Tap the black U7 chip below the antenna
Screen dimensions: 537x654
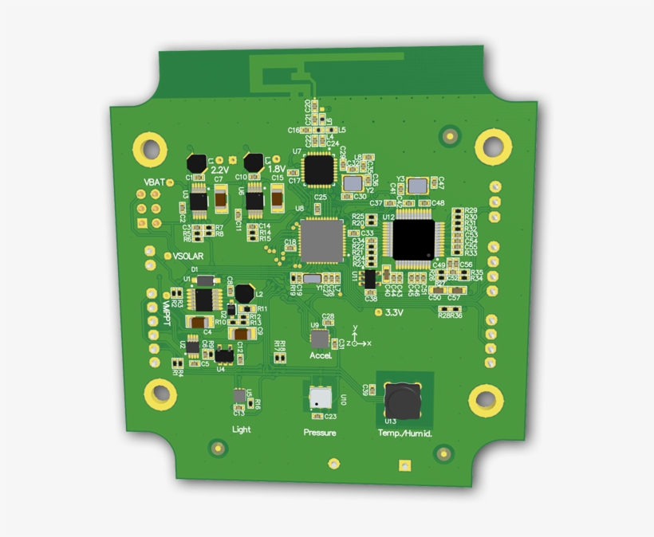pyautogui.click(x=319, y=168)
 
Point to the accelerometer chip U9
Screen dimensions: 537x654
pyautogui.click(x=320, y=339)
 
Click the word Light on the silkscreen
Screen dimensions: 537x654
pyautogui.click(x=241, y=429)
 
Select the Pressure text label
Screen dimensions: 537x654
pyautogui.click(x=319, y=433)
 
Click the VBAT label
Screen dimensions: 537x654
pyautogui.click(x=155, y=182)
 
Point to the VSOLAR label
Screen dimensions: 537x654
pyautogui.click(x=188, y=256)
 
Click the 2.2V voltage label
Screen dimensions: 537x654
pyautogui.click(x=220, y=169)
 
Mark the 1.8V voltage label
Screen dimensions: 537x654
pyautogui.click(x=276, y=169)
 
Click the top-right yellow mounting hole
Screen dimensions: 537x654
pyautogui.click(x=493, y=147)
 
